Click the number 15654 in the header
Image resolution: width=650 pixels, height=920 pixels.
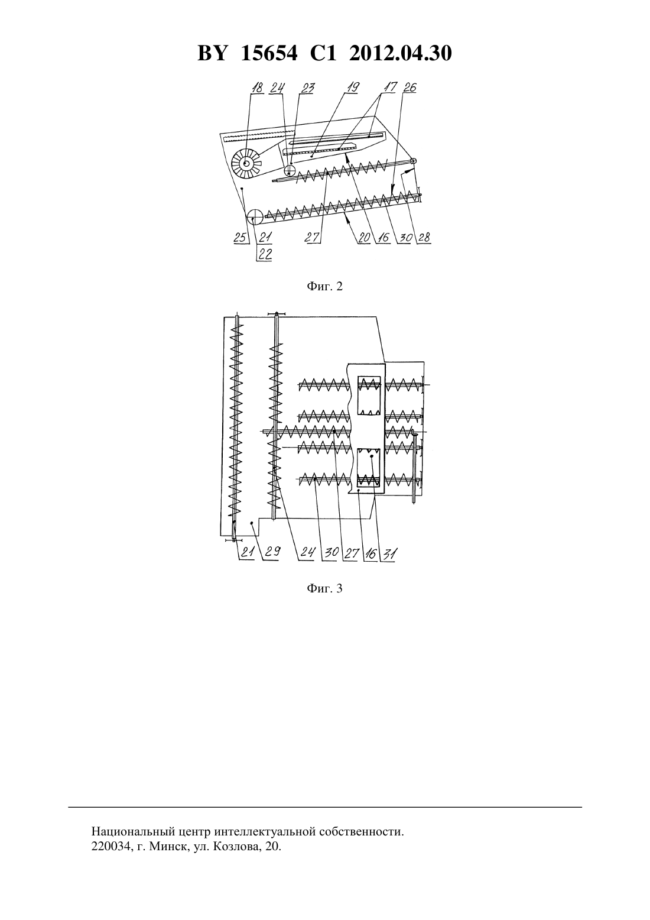pyautogui.click(x=269, y=53)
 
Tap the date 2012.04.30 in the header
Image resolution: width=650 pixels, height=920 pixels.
pyautogui.click(x=401, y=53)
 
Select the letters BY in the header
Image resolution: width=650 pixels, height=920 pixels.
pyautogui.click(x=212, y=53)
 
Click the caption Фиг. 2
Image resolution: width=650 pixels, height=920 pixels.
pyautogui.click(x=324, y=286)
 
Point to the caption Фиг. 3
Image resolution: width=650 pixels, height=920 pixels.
pyautogui.click(x=324, y=588)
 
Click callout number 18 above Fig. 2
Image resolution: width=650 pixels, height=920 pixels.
pyautogui.click(x=257, y=88)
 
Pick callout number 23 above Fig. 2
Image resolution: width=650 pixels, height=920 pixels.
pyautogui.click(x=307, y=88)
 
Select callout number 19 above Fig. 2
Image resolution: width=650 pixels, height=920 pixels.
pyautogui.click(x=353, y=88)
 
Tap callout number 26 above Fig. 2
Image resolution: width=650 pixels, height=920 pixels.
pyautogui.click(x=409, y=88)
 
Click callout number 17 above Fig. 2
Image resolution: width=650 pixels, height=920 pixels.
pyautogui.click(x=390, y=88)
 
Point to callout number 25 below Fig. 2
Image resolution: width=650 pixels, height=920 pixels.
pyautogui.click(x=240, y=238)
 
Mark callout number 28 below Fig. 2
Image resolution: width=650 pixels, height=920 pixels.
pyautogui.click(x=424, y=238)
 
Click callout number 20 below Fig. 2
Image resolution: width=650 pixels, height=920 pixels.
pyautogui.click(x=364, y=238)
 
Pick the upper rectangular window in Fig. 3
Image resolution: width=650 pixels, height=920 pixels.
pyautogui.click(x=369, y=396)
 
